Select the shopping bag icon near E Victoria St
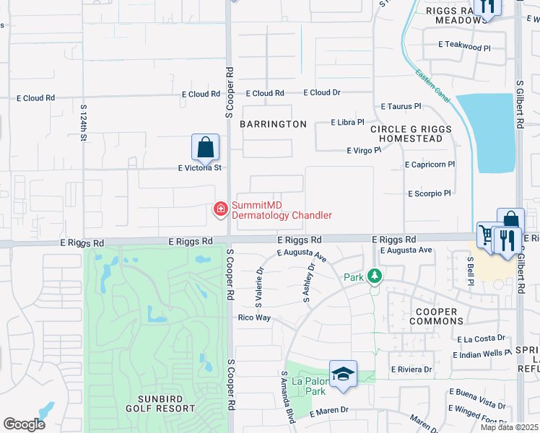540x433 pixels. coord(206,147)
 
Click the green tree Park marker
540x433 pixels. coord(374,276)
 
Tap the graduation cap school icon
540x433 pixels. coord(343,374)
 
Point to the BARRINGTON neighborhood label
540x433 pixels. coord(274,124)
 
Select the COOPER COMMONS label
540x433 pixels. coord(436,316)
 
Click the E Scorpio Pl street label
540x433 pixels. coord(429,193)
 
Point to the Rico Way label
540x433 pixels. coord(254,318)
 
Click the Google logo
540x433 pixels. coord(24,424)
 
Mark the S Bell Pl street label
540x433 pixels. coord(469,271)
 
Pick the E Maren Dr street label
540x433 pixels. coord(329,411)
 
